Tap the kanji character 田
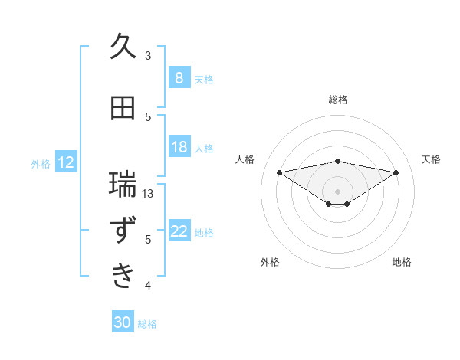[123, 108]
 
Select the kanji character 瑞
[123, 184]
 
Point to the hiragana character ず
[123, 231]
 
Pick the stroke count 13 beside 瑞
[149, 194]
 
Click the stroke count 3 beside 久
[148, 56]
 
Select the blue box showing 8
[179, 78]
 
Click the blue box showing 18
[179, 147]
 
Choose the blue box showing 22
[179, 231]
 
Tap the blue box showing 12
[66, 162]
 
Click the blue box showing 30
[123, 322]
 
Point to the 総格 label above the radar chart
[338, 100]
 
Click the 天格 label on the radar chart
[432, 159]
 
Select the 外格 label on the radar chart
[270, 262]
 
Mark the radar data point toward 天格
[396, 172]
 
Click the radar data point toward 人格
[279, 172]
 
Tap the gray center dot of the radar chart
[337, 191]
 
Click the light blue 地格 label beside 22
[205, 232]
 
